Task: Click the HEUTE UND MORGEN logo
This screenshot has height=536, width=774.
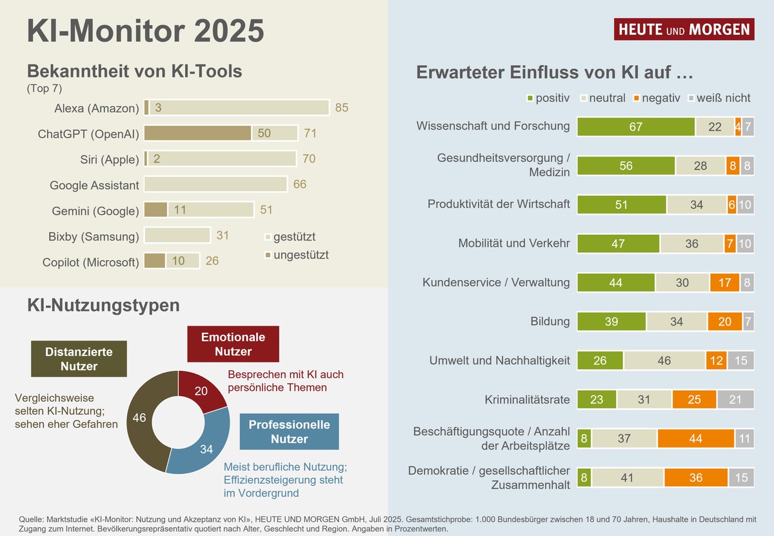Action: click(x=684, y=29)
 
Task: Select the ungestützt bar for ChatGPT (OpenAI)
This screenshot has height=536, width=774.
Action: click(x=197, y=134)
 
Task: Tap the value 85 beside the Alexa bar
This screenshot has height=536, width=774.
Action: click(x=342, y=108)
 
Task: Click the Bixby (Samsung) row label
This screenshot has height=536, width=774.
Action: click(x=94, y=236)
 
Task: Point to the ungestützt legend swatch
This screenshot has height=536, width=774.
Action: click(x=268, y=255)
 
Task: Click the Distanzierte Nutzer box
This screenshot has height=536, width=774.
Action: click(x=79, y=359)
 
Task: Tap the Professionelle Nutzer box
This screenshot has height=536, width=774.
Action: click(x=289, y=432)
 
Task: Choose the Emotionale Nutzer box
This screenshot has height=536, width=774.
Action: click(x=233, y=344)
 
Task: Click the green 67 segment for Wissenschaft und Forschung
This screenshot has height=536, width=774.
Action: click(x=635, y=127)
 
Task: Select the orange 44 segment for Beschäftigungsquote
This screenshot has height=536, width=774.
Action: click(x=696, y=439)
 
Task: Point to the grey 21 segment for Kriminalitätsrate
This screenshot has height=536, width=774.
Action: click(x=735, y=400)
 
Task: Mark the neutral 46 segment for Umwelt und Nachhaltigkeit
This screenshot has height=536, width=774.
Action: click(x=664, y=361)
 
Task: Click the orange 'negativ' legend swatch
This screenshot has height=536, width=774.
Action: click(x=635, y=98)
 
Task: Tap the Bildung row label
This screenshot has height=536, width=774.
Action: click(x=550, y=321)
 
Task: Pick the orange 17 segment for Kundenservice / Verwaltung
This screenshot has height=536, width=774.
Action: click(x=724, y=283)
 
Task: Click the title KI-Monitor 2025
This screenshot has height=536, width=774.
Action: click(x=146, y=30)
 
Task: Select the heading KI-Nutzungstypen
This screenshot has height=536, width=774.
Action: click(x=103, y=305)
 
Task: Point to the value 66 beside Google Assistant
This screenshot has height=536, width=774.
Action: click(x=300, y=185)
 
